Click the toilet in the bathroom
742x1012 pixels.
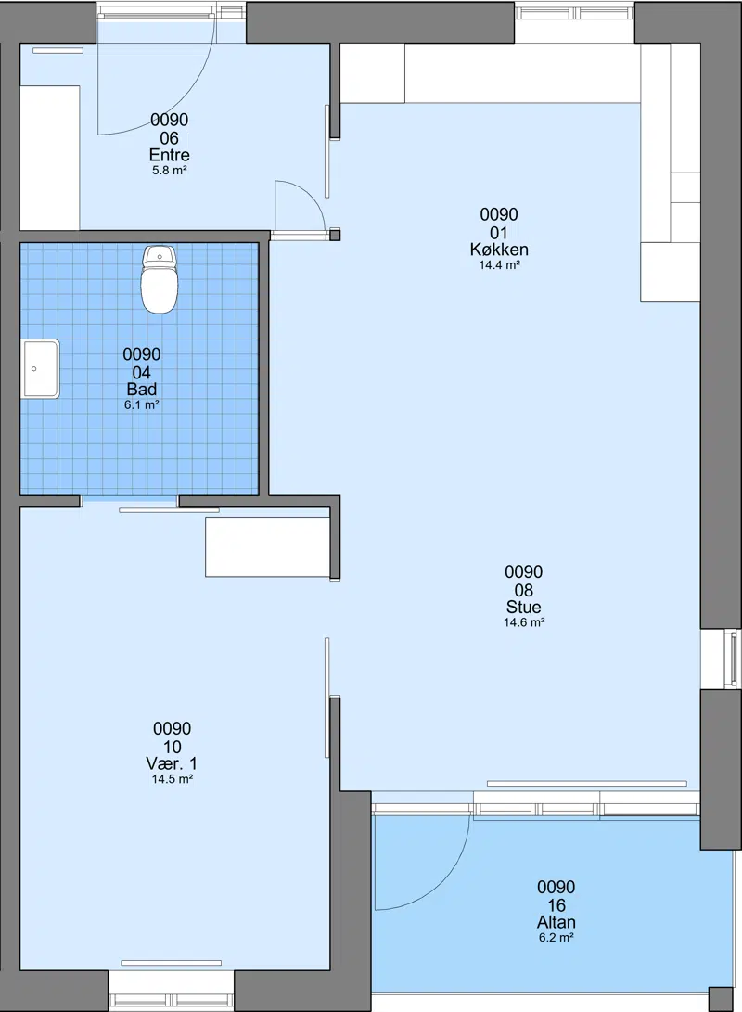point(159,279)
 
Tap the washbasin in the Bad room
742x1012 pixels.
point(40,368)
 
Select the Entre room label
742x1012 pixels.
point(169,155)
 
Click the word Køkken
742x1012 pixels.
point(499,250)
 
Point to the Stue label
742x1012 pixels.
point(523,607)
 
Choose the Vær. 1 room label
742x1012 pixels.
point(172,763)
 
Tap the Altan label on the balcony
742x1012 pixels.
point(556,922)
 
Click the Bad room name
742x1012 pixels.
point(141,390)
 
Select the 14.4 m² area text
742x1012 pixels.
point(499,265)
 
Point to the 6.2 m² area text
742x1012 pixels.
point(556,938)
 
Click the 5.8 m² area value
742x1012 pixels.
point(169,171)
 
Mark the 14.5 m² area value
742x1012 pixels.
point(172,779)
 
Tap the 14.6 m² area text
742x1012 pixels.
point(523,622)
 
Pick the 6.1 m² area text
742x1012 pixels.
point(141,405)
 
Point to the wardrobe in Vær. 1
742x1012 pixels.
point(268,546)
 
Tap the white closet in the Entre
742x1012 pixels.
point(50,158)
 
